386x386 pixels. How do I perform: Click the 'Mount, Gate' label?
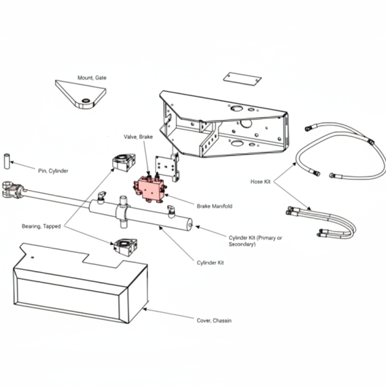pyautogui.click(x=92, y=78)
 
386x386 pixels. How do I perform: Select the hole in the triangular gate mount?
pyautogui.click(x=86, y=100)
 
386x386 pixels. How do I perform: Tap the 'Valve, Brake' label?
pyautogui.click(x=138, y=136)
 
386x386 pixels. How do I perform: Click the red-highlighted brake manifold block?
pyautogui.click(x=149, y=188)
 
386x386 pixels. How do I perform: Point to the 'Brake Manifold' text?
pyautogui.click(x=214, y=206)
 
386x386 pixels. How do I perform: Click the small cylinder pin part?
pyautogui.click(x=7, y=161)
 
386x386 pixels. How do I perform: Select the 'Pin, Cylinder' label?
pyautogui.click(x=53, y=171)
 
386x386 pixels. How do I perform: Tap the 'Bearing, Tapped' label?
pyautogui.click(x=41, y=226)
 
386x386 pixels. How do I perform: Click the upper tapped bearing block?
pyautogui.click(x=124, y=162)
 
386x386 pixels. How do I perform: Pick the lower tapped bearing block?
pyautogui.click(x=126, y=247)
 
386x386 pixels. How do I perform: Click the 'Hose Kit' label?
pyautogui.click(x=260, y=182)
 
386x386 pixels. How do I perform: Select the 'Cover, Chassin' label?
pyautogui.click(x=214, y=321)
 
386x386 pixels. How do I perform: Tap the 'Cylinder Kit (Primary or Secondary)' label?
pyautogui.click(x=255, y=241)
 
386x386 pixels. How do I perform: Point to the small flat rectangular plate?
pyautogui.click(x=242, y=79)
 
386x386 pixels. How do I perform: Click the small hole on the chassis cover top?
pyautogui.click(x=32, y=257)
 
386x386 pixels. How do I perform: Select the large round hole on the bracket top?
pyautogui.click(x=237, y=108)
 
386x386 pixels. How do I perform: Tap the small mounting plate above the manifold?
pyautogui.click(x=167, y=167)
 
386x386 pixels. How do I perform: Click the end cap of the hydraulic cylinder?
pyautogui.click(x=190, y=225)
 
